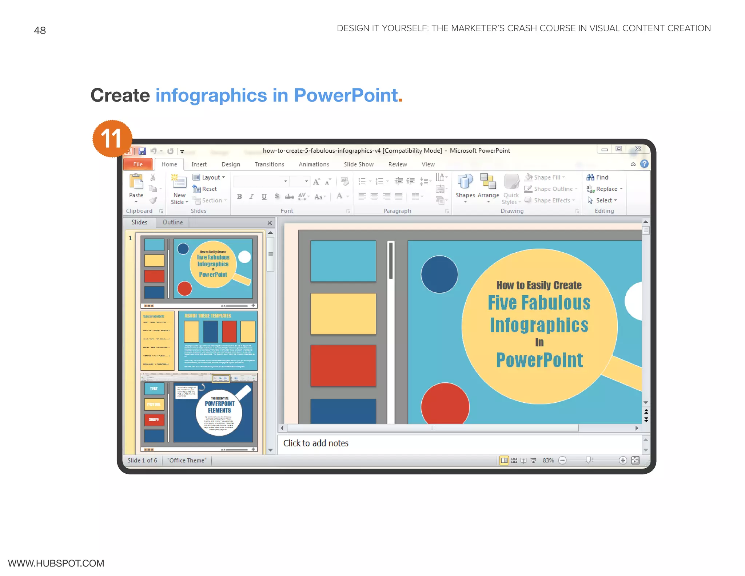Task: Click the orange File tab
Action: click(x=138, y=164)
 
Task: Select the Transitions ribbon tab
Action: click(x=269, y=164)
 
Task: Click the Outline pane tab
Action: click(x=172, y=222)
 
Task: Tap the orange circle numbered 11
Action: click(x=112, y=139)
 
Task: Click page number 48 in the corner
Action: click(x=40, y=30)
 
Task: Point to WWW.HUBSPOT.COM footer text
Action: click(x=56, y=563)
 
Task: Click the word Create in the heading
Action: click(x=120, y=95)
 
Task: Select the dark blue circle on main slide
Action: click(x=439, y=274)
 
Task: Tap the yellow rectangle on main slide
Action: click(x=343, y=313)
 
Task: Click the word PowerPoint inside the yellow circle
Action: click(x=539, y=360)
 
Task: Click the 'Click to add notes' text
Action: click(x=316, y=443)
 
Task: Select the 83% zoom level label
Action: click(x=548, y=461)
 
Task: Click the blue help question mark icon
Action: click(x=644, y=164)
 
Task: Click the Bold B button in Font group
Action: click(x=239, y=197)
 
